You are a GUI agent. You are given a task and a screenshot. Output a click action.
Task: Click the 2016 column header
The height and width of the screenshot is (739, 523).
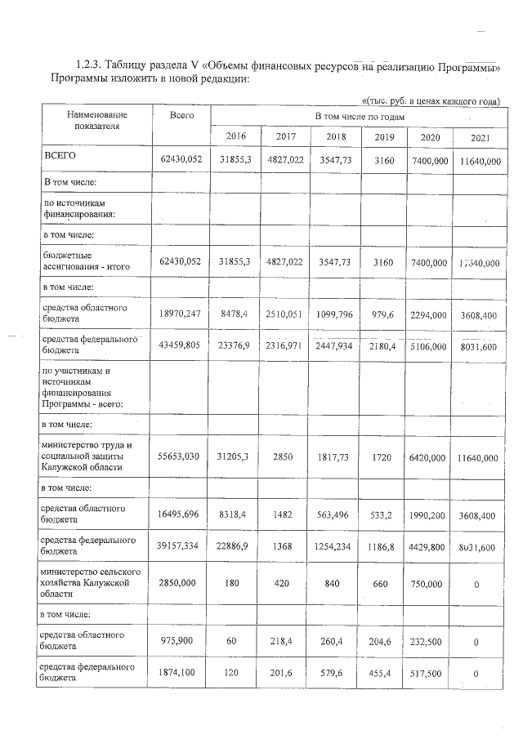click(235, 136)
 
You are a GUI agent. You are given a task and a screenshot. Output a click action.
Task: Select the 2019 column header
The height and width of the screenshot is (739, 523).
click(384, 136)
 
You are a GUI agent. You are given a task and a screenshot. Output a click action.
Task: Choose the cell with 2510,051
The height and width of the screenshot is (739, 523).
click(285, 311)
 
